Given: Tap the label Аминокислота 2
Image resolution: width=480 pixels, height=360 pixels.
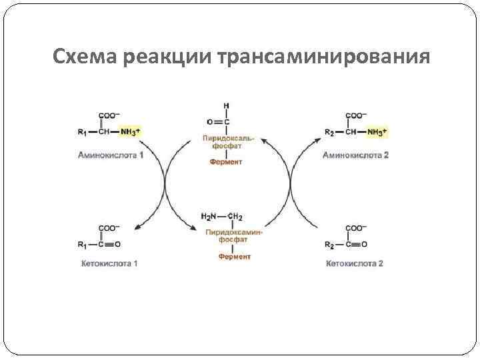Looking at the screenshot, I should click(x=355, y=155).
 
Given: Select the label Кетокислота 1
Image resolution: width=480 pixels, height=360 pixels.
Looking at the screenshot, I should click(x=109, y=263).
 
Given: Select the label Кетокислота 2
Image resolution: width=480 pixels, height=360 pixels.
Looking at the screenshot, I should click(x=354, y=263).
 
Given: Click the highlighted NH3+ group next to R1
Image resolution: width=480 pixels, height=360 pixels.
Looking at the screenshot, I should click(x=130, y=133).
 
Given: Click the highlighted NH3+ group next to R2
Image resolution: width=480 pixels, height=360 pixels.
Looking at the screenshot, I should click(x=376, y=133).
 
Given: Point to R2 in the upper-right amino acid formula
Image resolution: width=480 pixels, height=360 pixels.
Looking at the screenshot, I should click(x=329, y=132).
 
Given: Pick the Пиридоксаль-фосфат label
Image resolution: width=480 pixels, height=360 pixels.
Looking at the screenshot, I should click(x=227, y=141).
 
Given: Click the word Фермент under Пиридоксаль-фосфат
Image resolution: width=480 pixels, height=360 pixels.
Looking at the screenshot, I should click(x=226, y=162).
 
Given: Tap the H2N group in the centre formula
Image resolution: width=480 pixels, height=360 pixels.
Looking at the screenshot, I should click(x=209, y=217).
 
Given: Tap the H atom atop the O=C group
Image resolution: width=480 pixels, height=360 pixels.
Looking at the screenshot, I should click(x=227, y=105).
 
